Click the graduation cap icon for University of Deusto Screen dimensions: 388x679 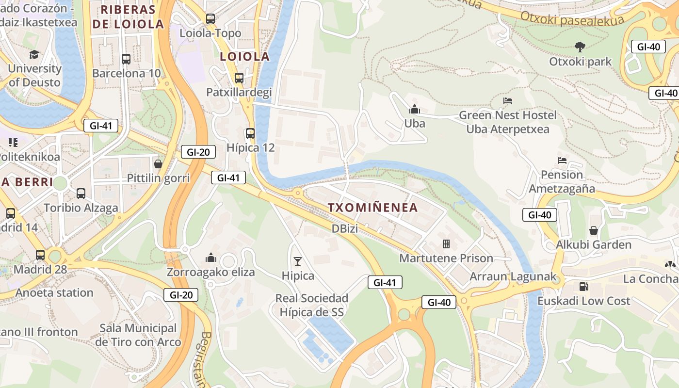34,54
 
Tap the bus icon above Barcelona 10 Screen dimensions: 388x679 126,59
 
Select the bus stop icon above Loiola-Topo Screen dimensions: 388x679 210,19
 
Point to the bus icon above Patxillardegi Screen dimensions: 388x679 239,78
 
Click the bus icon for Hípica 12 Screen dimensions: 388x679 250,133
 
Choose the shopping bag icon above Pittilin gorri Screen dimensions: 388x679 158,164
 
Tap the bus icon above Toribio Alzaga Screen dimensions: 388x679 81,194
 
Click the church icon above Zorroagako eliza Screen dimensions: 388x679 210,258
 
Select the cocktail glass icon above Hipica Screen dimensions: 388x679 298,261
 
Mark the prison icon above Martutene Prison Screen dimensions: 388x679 446,243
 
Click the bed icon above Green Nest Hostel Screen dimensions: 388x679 508,101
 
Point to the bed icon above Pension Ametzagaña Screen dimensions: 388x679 562,160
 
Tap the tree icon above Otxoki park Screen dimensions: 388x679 580,47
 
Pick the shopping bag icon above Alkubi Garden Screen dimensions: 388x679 594,230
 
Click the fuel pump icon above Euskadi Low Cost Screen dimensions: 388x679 583,286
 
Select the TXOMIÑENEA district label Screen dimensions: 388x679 372,208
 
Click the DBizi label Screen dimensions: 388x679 345,228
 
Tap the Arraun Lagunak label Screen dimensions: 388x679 511,277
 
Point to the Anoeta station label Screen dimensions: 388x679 54,292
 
